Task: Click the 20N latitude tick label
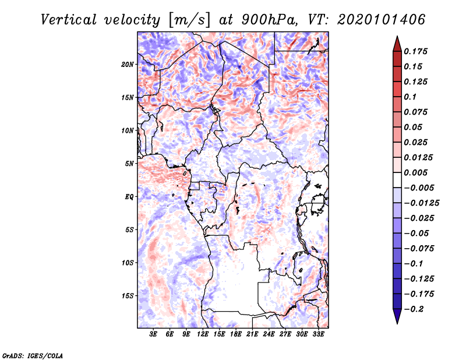(128, 64)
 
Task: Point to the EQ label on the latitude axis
(129, 197)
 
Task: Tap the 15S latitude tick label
(128, 296)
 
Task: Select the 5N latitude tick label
(129, 164)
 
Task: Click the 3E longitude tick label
(154, 334)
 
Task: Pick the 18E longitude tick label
(236, 334)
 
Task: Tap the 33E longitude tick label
(318, 334)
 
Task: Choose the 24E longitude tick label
(269, 334)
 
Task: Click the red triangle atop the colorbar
(397, 44)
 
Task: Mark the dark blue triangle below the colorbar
(397, 316)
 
